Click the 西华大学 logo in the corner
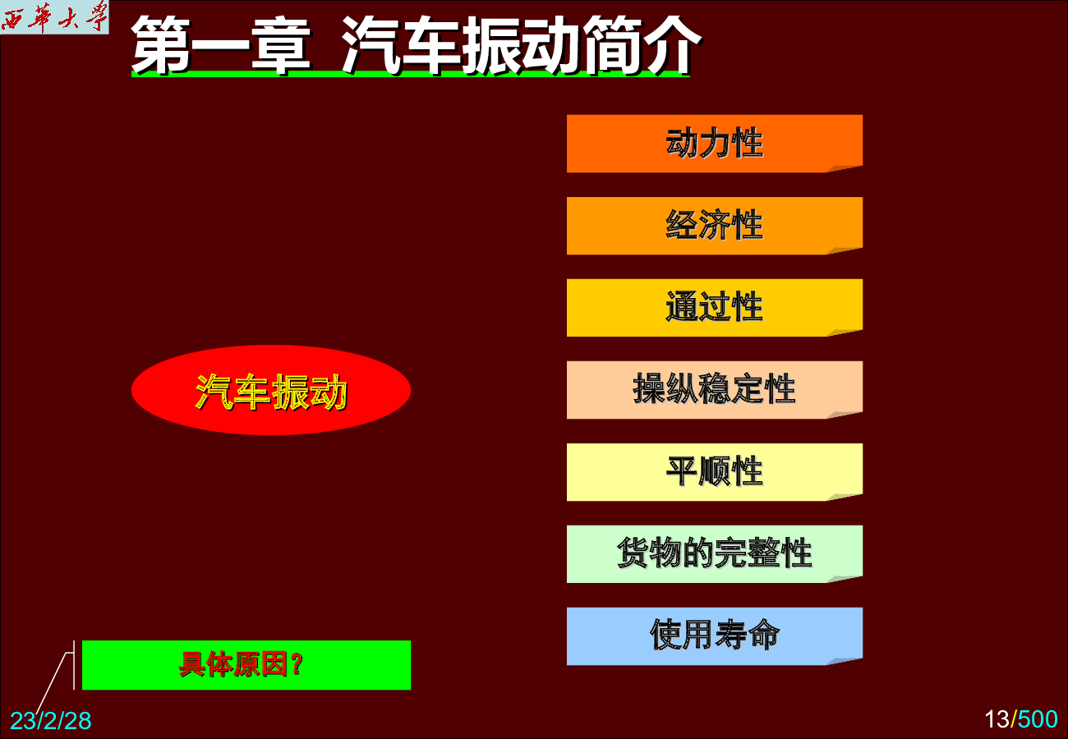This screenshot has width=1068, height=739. click(x=54, y=17)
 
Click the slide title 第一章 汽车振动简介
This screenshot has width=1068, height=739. click(x=416, y=45)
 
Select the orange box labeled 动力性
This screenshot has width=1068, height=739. click(x=714, y=144)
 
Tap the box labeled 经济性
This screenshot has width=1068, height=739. click(x=714, y=225)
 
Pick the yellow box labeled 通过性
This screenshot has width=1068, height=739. click(x=714, y=307)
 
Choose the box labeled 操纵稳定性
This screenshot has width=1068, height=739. click(x=714, y=390)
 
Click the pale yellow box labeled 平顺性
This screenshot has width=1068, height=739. click(x=714, y=471)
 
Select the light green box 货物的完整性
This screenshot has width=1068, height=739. click(x=714, y=553)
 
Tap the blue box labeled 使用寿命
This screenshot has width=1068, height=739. click(x=714, y=636)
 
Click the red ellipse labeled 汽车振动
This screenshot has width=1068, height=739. click(x=271, y=390)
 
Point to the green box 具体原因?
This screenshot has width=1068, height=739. click(x=246, y=664)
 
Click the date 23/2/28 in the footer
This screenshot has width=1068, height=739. click(x=51, y=720)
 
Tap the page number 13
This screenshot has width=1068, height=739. click(x=997, y=719)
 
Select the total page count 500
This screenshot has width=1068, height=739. click(x=1038, y=719)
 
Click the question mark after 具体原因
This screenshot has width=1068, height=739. click(x=297, y=664)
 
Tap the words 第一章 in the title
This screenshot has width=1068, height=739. click(x=220, y=45)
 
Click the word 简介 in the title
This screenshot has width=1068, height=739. click(x=642, y=45)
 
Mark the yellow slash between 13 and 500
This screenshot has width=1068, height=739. click(x=1013, y=719)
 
